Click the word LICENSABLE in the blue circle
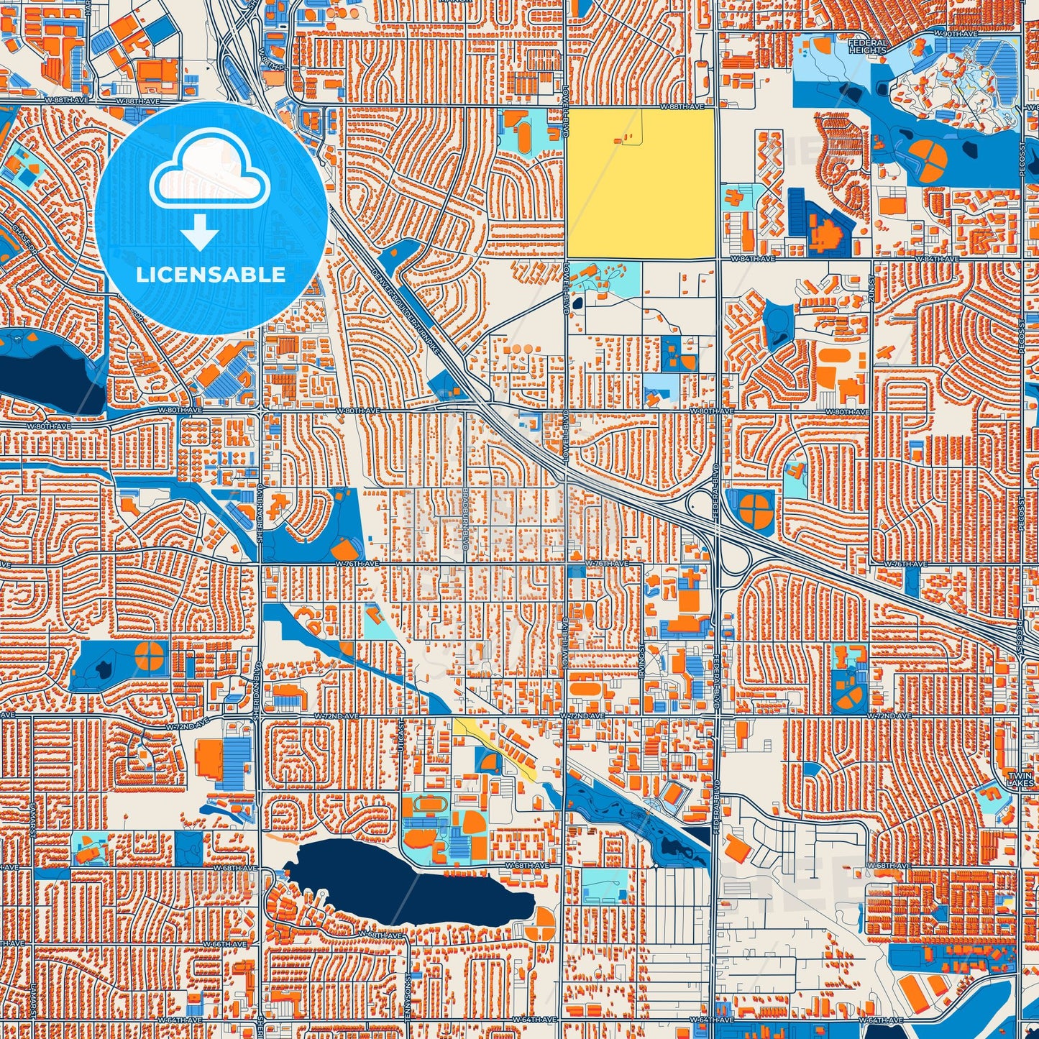211,275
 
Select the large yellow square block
640,184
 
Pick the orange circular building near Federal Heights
928,160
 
